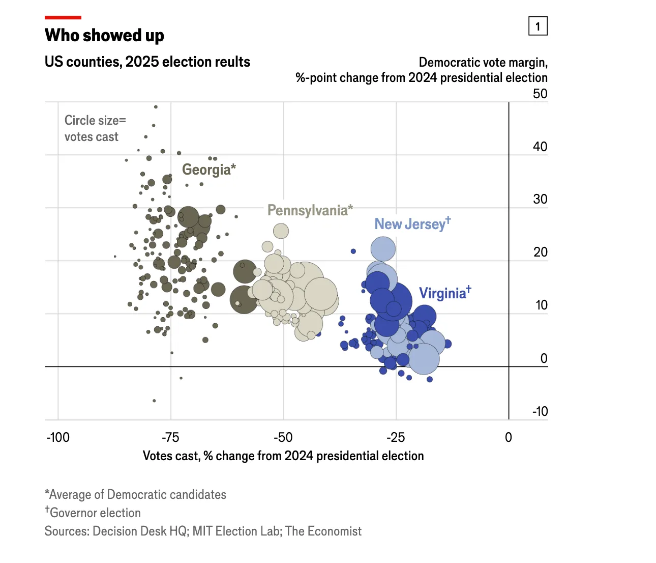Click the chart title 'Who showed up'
[104, 36]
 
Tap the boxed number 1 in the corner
[538, 26]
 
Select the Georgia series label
[208, 170]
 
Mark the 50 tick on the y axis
[540, 94]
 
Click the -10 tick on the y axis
[540, 411]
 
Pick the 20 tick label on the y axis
[540, 252]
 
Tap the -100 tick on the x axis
[58, 437]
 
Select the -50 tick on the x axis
[283, 437]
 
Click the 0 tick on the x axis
[509, 437]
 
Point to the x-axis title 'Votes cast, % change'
[283, 456]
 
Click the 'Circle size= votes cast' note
[95, 128]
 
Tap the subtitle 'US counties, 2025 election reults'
[147, 62]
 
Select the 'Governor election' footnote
[95, 513]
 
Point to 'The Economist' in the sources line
[323, 531]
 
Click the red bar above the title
[63, 18]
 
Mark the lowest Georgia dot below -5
[155, 401]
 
